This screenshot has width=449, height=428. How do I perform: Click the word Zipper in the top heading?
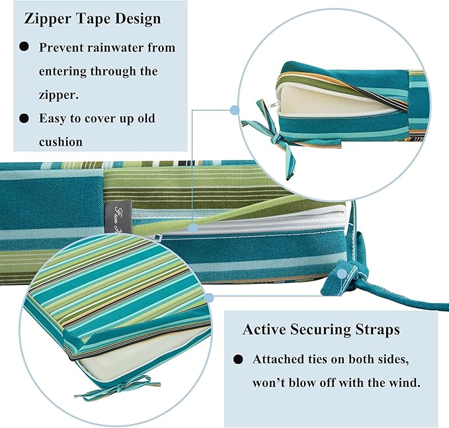pyautogui.click(x=48, y=19)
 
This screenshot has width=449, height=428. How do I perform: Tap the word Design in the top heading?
pyautogui.click(x=138, y=19)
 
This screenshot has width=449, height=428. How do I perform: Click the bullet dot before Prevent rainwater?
pyautogui.click(x=24, y=46)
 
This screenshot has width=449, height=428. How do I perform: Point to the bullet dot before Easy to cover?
pyautogui.click(x=24, y=118)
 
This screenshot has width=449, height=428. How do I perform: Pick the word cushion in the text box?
pyautogui.click(x=61, y=142)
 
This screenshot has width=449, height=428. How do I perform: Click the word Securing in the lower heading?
pyautogui.click(x=321, y=329)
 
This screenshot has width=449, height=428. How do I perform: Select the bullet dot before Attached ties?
pyautogui.click(x=238, y=359)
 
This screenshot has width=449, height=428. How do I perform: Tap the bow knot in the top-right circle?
pyautogui.click(x=276, y=140)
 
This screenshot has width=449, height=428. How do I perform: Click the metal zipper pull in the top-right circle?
pyautogui.click(x=272, y=105)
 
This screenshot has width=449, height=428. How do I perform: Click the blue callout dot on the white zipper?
pyautogui.click(x=194, y=228)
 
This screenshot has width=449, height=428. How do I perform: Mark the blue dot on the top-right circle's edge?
pyautogui.click(x=235, y=110)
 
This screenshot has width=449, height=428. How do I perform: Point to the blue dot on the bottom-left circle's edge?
pyautogui.click(x=210, y=298)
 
